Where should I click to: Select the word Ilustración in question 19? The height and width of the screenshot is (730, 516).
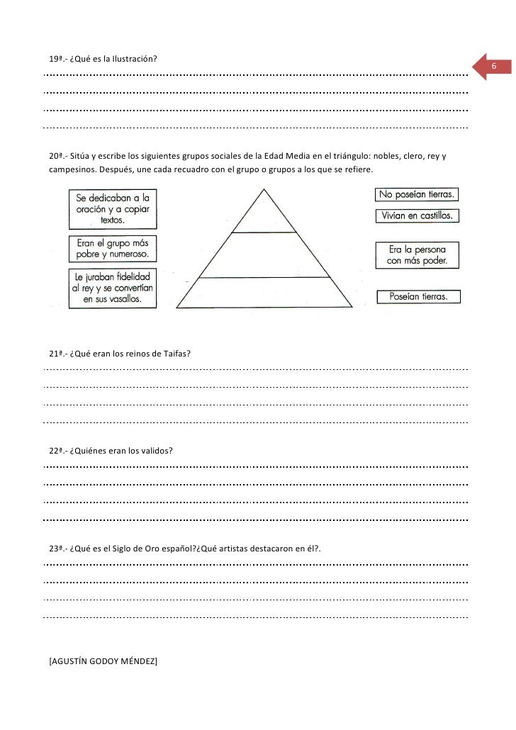pos(134,58)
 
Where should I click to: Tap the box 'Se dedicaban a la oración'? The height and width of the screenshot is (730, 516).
pos(113,208)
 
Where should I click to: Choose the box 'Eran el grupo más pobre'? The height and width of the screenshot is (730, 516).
pos(113,249)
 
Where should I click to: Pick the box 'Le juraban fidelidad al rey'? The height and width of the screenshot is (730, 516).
pos(113,288)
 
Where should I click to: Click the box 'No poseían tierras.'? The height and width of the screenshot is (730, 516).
pos(417,193)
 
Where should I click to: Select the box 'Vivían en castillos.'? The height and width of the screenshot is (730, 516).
pos(417,215)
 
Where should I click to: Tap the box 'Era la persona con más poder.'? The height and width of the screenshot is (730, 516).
pos(417,256)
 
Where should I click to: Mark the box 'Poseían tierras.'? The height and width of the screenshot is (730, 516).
pos(417,297)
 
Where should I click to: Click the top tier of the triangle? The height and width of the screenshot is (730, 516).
pos(264,216)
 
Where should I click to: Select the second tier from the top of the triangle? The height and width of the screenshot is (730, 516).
pos(264,255)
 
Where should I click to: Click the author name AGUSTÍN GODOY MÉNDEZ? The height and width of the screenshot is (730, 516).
pos(103,661)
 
